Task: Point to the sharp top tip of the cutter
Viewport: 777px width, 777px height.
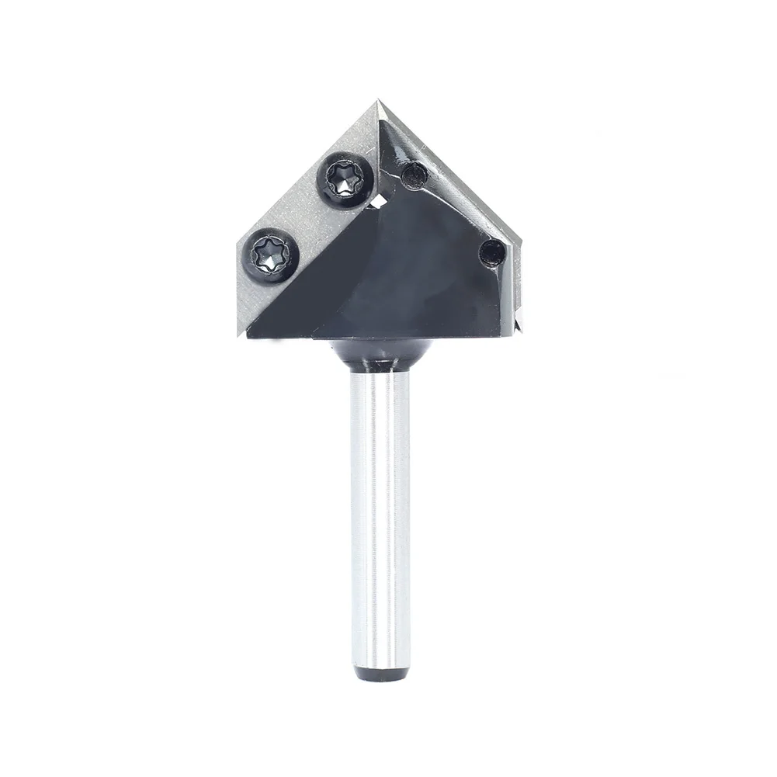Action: [x=379, y=101]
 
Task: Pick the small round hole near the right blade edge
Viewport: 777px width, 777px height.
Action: [x=491, y=252]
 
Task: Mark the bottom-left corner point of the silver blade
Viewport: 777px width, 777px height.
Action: [x=238, y=335]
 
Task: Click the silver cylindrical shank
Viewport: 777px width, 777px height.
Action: [x=380, y=512]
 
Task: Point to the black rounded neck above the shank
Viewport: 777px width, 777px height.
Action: [x=380, y=353]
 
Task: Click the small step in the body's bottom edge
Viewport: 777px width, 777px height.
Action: [x=312, y=338]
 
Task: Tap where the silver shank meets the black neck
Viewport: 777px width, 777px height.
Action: [x=380, y=371]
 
